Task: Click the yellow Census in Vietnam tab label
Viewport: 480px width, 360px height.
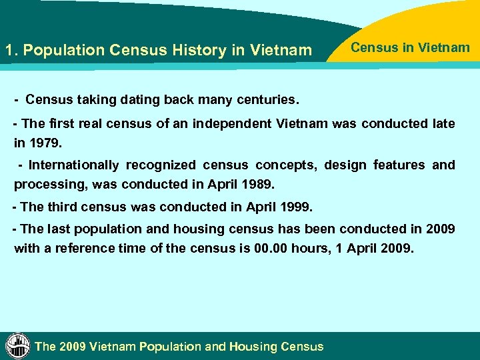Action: click(x=410, y=47)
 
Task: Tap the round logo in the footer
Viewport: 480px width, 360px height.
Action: click(x=17, y=345)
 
